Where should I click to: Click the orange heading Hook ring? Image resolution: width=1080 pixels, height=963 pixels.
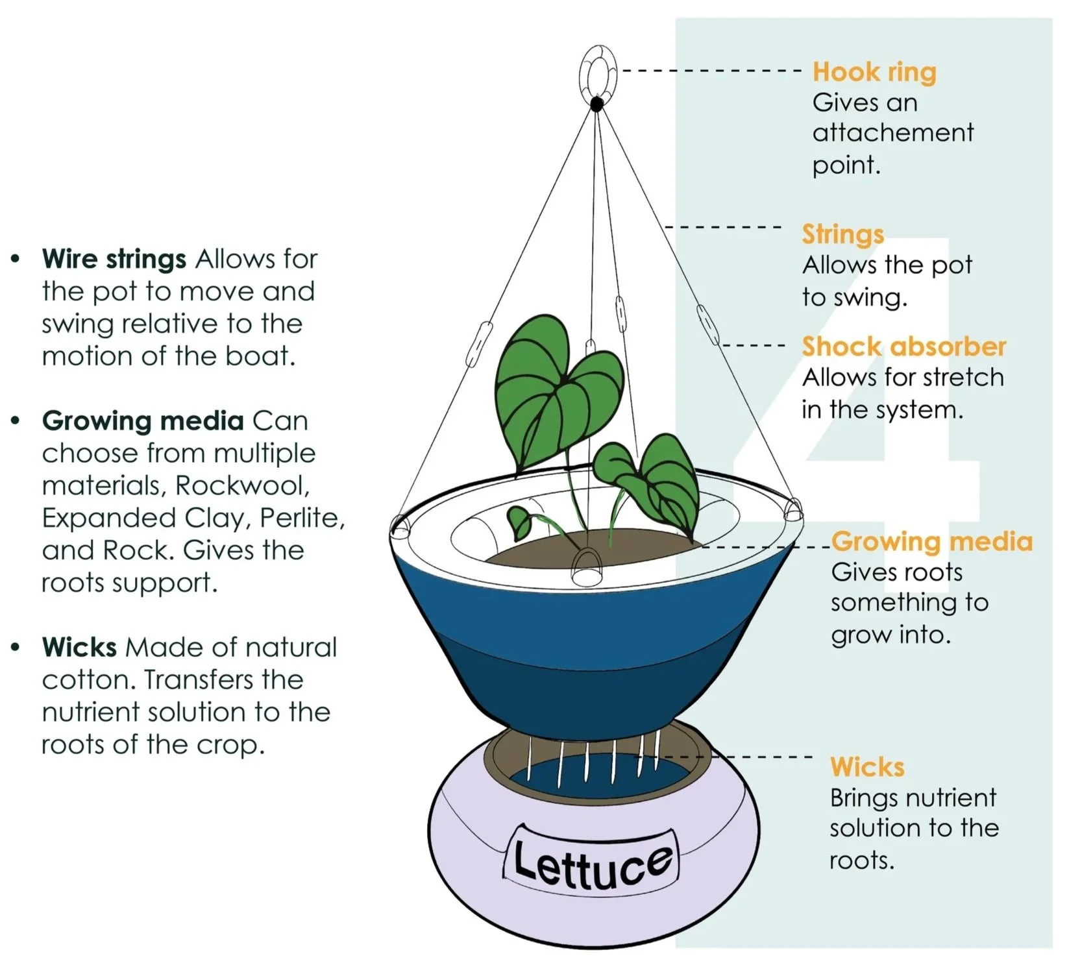click(874, 72)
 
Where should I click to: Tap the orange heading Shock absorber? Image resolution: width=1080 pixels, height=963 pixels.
click(903, 347)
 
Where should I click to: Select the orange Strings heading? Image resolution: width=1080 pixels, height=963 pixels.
click(842, 234)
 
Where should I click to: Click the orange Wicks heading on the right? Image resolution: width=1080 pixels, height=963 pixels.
click(866, 767)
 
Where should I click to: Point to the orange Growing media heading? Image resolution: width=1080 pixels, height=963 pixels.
click(931, 541)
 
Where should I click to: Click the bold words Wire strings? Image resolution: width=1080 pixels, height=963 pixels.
click(114, 259)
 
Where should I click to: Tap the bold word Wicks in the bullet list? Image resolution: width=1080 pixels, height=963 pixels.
click(79, 647)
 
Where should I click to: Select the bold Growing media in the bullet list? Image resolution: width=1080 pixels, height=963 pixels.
click(143, 421)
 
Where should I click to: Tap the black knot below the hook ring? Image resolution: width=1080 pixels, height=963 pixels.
click(597, 104)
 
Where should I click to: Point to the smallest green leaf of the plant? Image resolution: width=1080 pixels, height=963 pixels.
click(519, 522)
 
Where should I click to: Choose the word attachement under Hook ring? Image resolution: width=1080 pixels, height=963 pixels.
click(892, 133)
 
